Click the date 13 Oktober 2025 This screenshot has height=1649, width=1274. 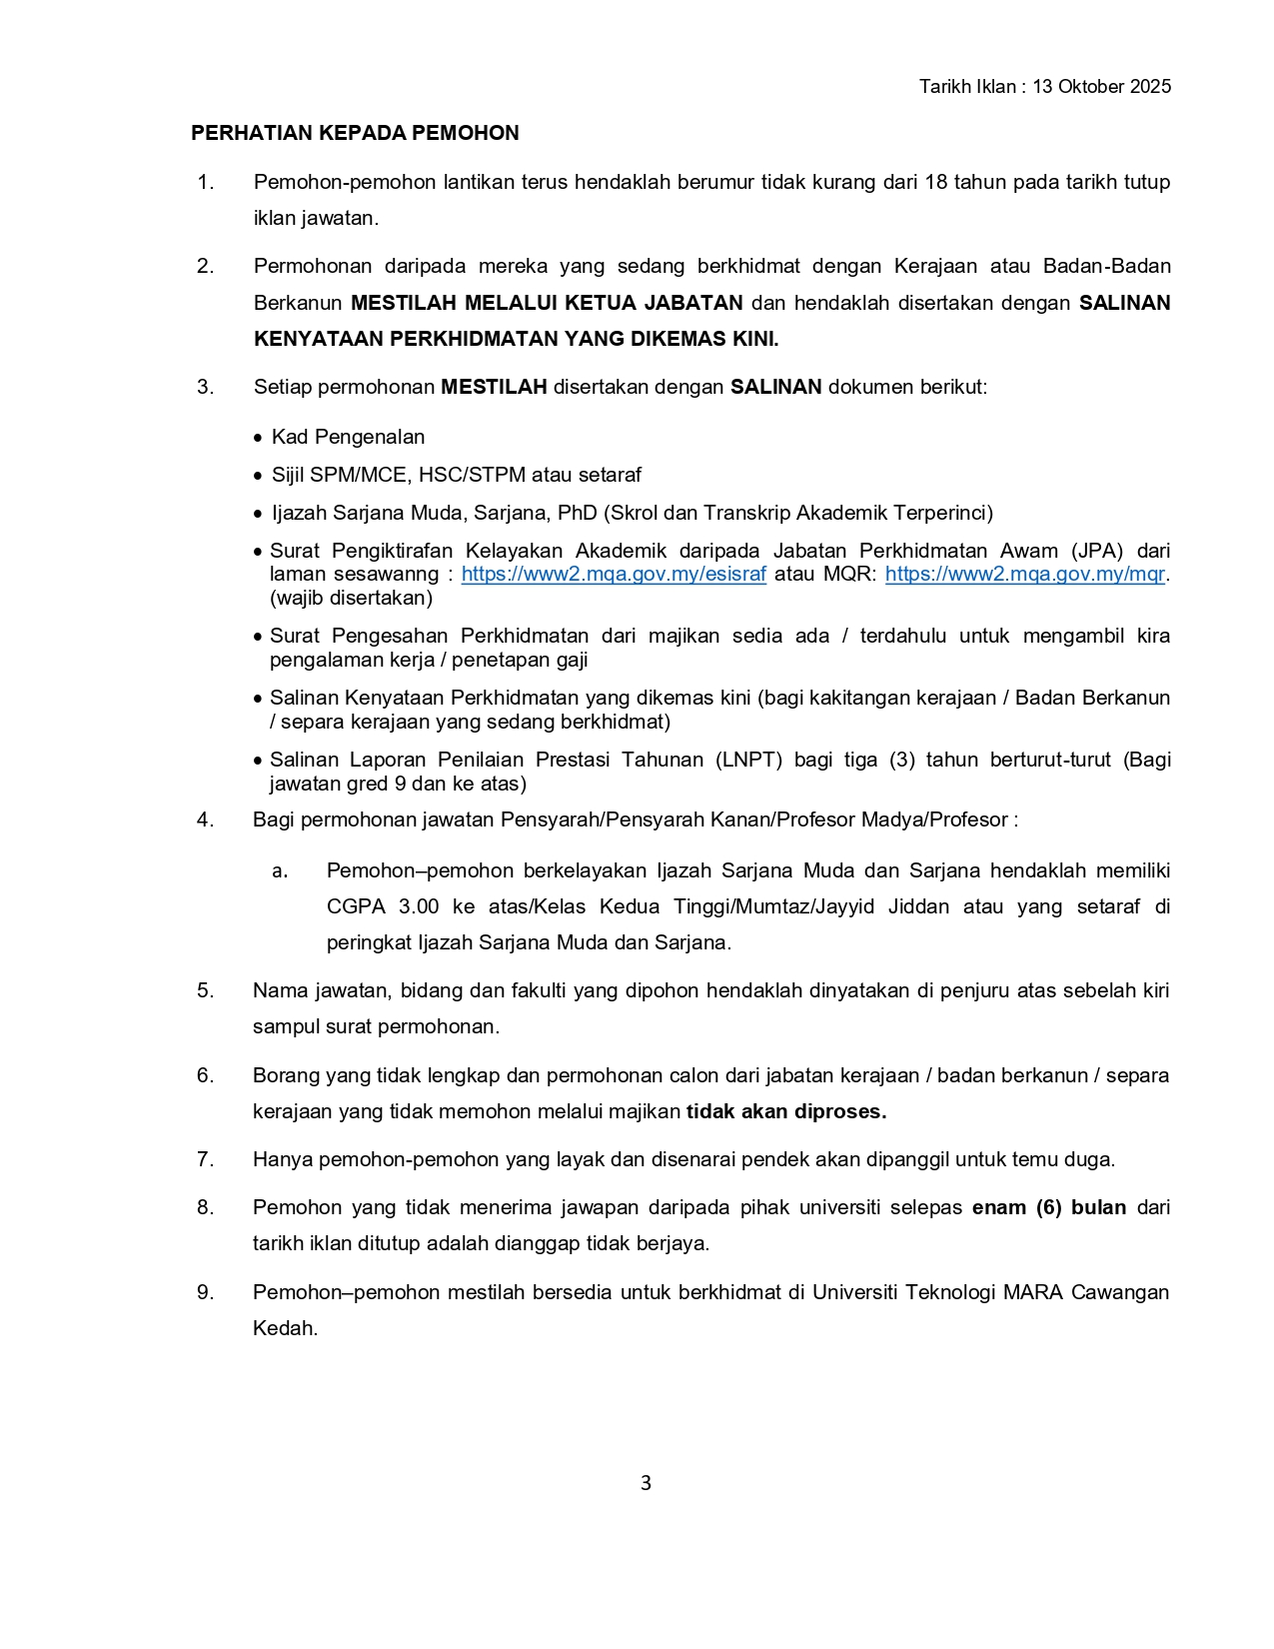click(x=1101, y=87)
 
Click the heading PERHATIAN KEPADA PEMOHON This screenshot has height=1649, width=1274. click(x=355, y=133)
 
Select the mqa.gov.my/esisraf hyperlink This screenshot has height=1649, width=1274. click(x=614, y=575)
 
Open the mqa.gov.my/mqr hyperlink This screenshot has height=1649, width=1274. click(x=1024, y=575)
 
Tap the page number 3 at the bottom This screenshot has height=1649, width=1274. click(x=645, y=1483)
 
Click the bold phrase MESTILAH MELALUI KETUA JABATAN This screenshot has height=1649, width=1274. click(x=547, y=303)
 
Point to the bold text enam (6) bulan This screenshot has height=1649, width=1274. click(x=1048, y=1207)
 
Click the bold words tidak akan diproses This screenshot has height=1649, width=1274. click(x=786, y=1111)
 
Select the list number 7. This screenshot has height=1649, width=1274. click(x=205, y=1159)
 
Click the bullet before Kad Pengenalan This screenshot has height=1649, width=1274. click(x=259, y=438)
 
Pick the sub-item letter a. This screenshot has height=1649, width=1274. click(x=280, y=870)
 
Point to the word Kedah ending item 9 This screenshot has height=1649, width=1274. click(x=284, y=1328)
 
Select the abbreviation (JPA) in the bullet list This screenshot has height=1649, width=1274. click(x=1096, y=551)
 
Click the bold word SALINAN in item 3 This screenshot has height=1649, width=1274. click(x=775, y=387)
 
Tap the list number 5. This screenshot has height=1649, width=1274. click(x=205, y=990)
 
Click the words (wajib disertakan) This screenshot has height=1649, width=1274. click(x=351, y=598)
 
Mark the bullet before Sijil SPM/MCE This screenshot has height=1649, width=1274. click(x=259, y=476)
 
